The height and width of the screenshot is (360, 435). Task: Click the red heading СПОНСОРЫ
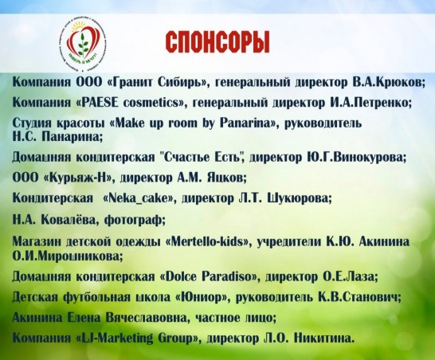[x=217, y=42]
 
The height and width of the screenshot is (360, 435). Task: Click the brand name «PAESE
[x=97, y=103]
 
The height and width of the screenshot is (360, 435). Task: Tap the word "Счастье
[x=186, y=157]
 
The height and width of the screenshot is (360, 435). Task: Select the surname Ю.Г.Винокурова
[x=356, y=157]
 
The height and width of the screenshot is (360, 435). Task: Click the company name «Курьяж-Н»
[x=80, y=178]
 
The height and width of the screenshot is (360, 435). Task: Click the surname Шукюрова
[x=300, y=198]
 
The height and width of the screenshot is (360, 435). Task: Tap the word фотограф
[x=135, y=220]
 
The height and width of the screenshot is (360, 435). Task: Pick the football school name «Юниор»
[x=204, y=297]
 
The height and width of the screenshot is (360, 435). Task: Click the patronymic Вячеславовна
[x=147, y=318]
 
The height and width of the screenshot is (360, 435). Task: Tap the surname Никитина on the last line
[x=324, y=338]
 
